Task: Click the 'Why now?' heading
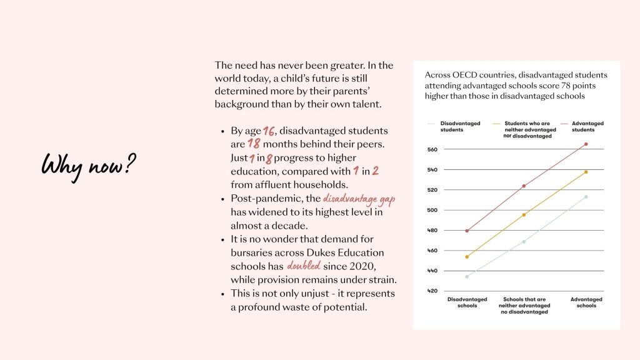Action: click(89, 166)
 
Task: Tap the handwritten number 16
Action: click(269, 131)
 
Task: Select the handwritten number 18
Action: click(253, 144)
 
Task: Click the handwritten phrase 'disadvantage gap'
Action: click(359, 198)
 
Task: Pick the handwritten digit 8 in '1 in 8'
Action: click(269, 158)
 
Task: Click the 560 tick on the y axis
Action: click(432, 150)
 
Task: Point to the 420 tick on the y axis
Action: click(432, 291)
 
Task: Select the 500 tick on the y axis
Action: click(432, 211)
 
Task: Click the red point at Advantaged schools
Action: click(586, 144)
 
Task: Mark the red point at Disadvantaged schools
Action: click(467, 231)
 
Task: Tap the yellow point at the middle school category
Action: click(524, 215)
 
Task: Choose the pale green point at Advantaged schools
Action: click(586, 197)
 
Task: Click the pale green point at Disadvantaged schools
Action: click(467, 276)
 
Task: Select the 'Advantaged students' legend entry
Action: click(587, 126)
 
